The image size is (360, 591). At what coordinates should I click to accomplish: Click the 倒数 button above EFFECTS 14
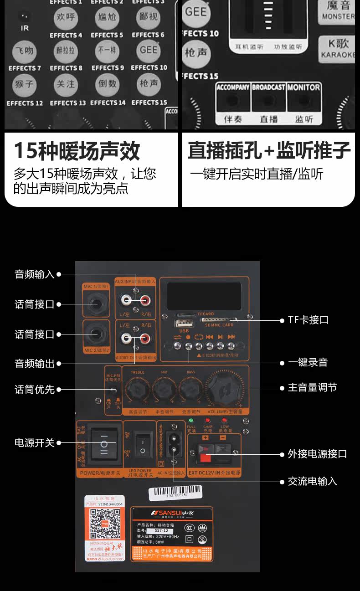107,84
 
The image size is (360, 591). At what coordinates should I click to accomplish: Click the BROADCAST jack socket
269,102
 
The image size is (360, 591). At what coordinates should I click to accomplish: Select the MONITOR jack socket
304,102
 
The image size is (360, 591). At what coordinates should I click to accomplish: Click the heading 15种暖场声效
77,151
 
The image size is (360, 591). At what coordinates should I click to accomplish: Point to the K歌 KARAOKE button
338,47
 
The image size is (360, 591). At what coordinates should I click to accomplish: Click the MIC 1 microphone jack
96,303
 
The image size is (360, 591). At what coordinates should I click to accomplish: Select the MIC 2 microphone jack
96,334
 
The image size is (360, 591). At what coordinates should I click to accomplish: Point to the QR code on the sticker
104,524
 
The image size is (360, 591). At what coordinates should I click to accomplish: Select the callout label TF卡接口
308,320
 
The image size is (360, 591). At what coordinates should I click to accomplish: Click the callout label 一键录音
308,363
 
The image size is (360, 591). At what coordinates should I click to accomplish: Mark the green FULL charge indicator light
191,420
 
